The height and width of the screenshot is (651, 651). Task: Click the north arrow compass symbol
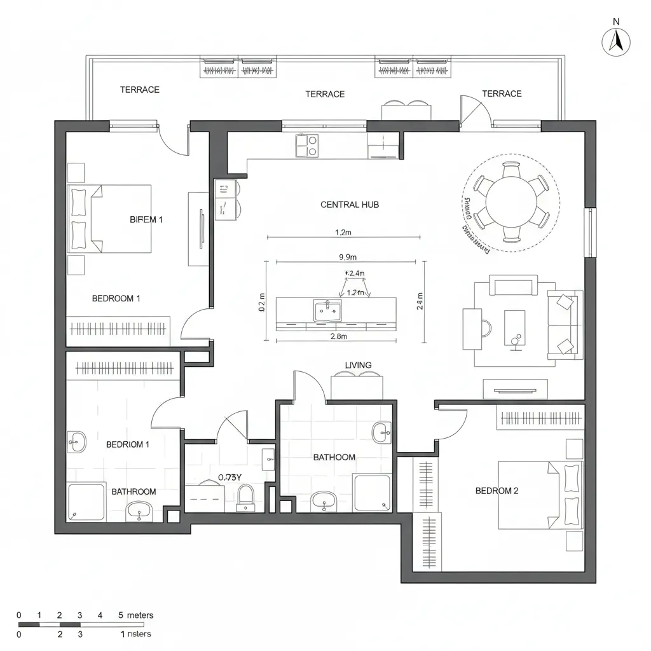pyautogui.click(x=615, y=41)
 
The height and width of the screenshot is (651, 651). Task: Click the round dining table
pyautogui.click(x=512, y=202)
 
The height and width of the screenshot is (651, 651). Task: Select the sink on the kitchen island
pyautogui.click(x=327, y=311)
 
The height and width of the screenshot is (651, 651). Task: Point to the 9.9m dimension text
pyautogui.click(x=348, y=257)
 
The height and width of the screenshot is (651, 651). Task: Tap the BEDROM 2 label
pyautogui.click(x=497, y=491)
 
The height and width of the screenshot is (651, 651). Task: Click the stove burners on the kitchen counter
pyautogui.click(x=306, y=146)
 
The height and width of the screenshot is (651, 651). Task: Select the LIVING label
pyautogui.click(x=358, y=365)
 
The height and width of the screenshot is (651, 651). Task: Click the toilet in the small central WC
pyautogui.click(x=245, y=497)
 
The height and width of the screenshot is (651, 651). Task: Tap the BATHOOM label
pyautogui.click(x=334, y=457)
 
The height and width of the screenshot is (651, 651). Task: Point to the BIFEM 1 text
pyautogui.click(x=146, y=220)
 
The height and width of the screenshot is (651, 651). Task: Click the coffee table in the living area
pyautogui.click(x=514, y=327)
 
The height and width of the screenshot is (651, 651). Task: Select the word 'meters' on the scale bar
pyautogui.click(x=140, y=615)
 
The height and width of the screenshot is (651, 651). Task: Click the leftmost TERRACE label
pyautogui.click(x=140, y=90)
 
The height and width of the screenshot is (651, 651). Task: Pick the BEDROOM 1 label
pyautogui.click(x=116, y=298)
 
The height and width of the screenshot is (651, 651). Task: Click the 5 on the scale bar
pyautogui.click(x=121, y=615)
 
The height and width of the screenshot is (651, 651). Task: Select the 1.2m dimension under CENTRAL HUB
pyautogui.click(x=343, y=233)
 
